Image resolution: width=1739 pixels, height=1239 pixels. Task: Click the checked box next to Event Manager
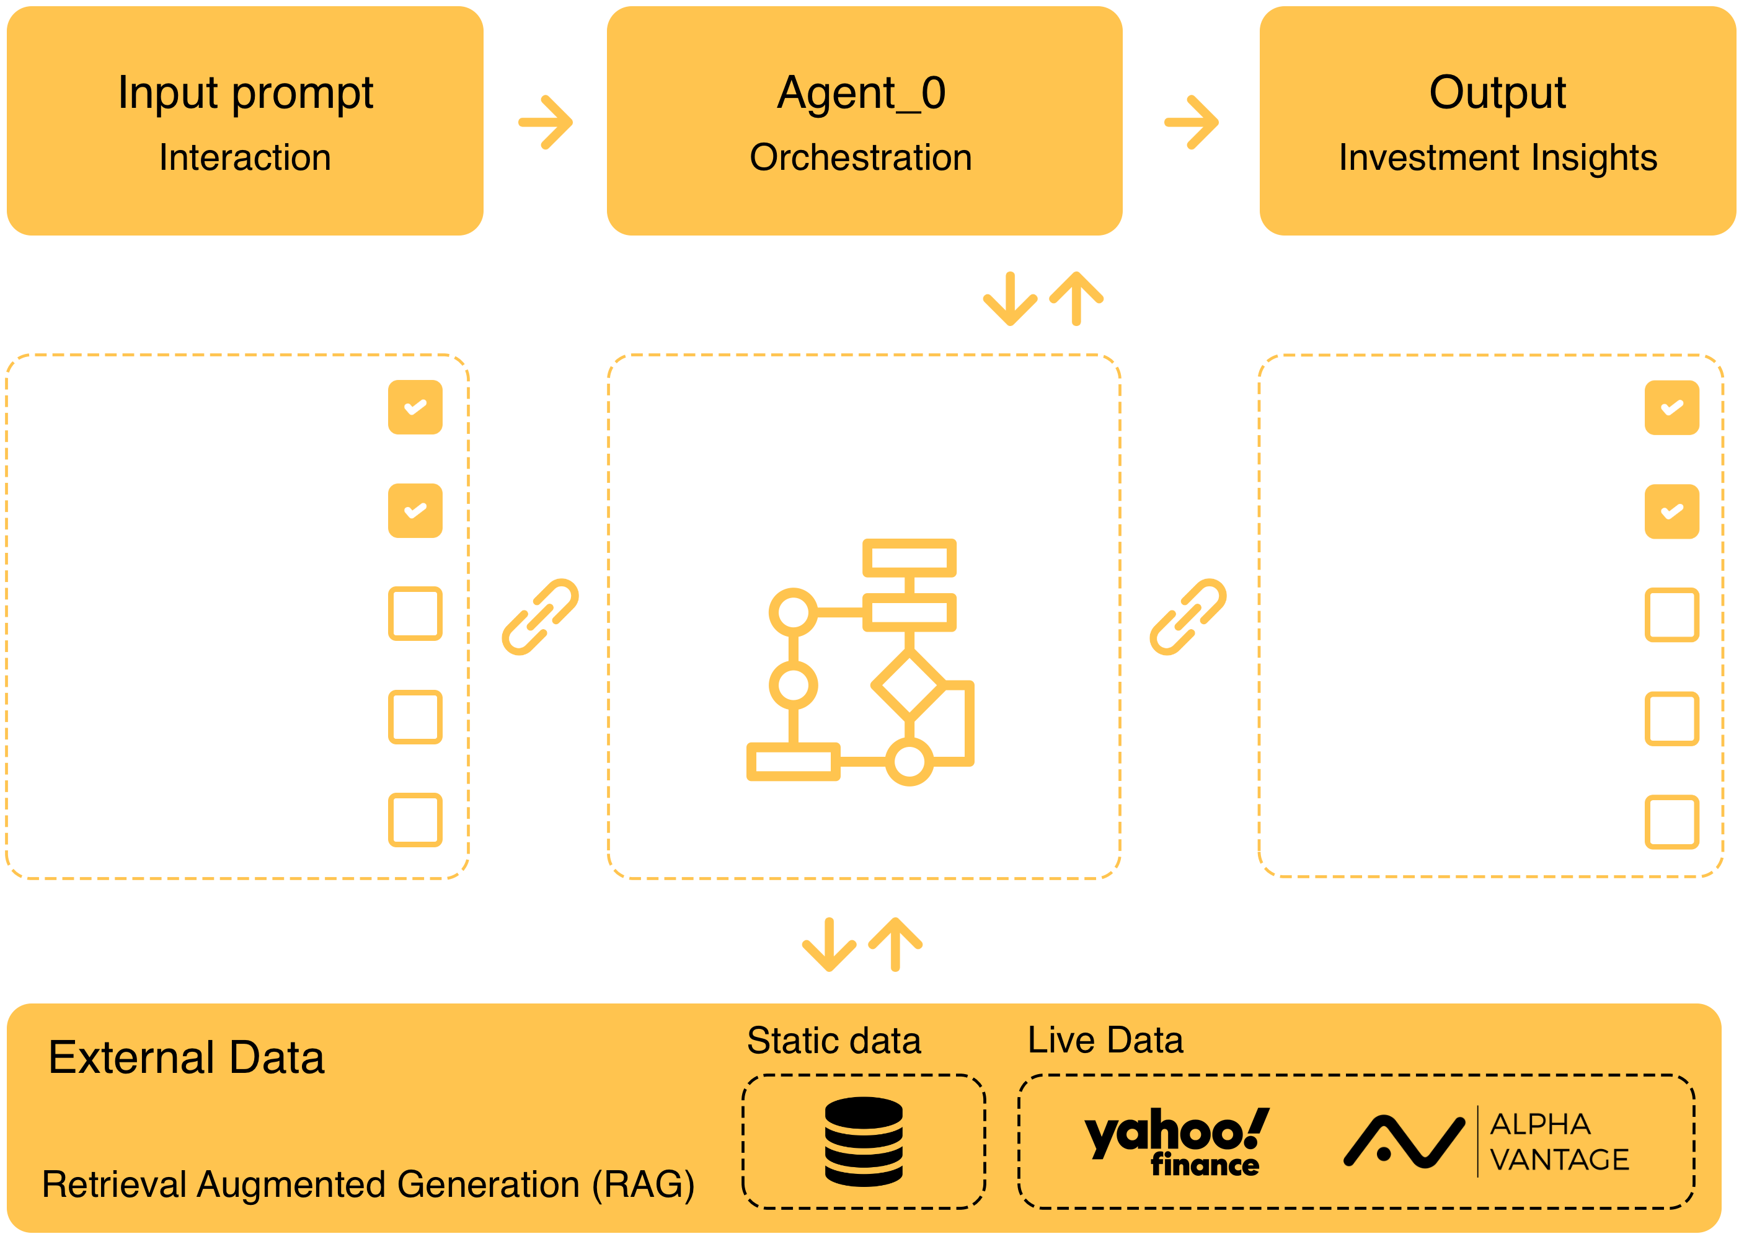[415, 407]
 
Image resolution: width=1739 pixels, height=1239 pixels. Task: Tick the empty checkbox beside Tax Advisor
[415, 614]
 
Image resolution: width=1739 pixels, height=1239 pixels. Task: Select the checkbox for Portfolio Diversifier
[415, 717]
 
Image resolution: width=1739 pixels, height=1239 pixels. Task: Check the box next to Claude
[1671, 511]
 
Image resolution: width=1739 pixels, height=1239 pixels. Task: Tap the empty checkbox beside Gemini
[1671, 719]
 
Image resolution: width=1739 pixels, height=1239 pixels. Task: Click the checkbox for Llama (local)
[1671, 615]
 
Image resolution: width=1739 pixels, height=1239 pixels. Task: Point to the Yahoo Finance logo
[1176, 1142]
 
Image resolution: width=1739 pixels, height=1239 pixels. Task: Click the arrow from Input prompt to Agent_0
[546, 122]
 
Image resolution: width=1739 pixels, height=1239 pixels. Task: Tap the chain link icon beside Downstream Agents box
[540, 617]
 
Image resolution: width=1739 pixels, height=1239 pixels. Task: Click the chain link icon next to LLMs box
[1188, 617]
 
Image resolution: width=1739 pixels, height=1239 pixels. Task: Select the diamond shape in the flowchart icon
[909, 684]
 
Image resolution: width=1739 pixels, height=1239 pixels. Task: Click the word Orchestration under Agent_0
[861, 158]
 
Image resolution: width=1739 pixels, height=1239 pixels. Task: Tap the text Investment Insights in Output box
[1498, 158]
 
